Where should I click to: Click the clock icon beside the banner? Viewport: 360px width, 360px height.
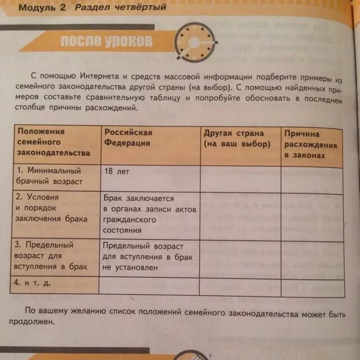coord(193,42)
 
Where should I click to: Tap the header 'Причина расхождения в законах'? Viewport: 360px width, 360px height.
coord(310,144)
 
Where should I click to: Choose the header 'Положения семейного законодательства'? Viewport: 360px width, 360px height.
coord(53,142)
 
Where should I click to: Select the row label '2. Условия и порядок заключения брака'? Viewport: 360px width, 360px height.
coord(52,209)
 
